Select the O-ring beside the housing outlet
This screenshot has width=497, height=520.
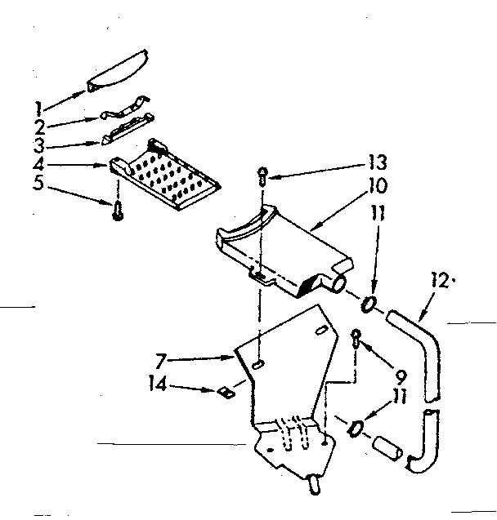368,305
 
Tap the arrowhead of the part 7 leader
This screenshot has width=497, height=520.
232,356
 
